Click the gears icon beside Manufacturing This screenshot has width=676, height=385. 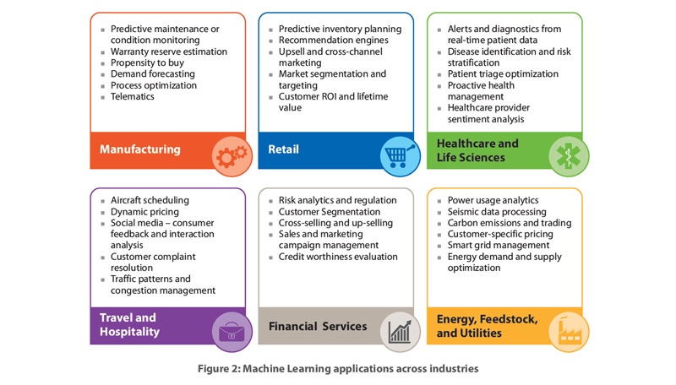tap(232, 156)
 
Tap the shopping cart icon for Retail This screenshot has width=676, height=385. tap(400, 156)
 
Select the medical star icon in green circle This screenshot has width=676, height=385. tap(569, 156)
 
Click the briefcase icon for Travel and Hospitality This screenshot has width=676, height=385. tap(232, 332)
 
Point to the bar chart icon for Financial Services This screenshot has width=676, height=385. tap(400, 332)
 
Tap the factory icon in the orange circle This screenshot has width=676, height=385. tap(569, 332)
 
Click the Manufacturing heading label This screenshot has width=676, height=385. tap(140, 149)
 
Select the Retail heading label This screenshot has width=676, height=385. tap(283, 149)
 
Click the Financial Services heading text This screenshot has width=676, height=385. tap(318, 327)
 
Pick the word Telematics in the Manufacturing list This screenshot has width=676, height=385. tap(133, 96)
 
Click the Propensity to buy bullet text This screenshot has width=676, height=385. tap(147, 62)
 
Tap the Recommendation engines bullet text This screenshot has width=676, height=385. tap(333, 40)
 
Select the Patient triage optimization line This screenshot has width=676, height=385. tap(503, 74)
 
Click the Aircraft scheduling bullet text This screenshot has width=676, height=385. tap(150, 200)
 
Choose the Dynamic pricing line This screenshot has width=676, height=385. tap(144, 212)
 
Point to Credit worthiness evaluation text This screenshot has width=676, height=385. tap(338, 257)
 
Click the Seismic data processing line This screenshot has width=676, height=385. tap(497, 212)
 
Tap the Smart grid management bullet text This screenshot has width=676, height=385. tap(499, 246)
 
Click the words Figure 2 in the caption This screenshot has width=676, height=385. tap(219, 369)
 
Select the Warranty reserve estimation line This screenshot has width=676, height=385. tap(168, 52)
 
